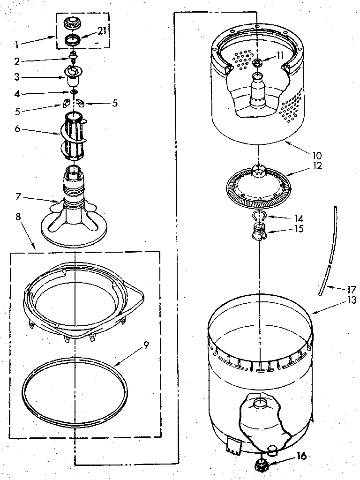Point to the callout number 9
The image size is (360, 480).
[x=146, y=345]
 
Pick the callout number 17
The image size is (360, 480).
[x=352, y=289]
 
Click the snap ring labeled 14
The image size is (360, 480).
[x=259, y=216]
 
